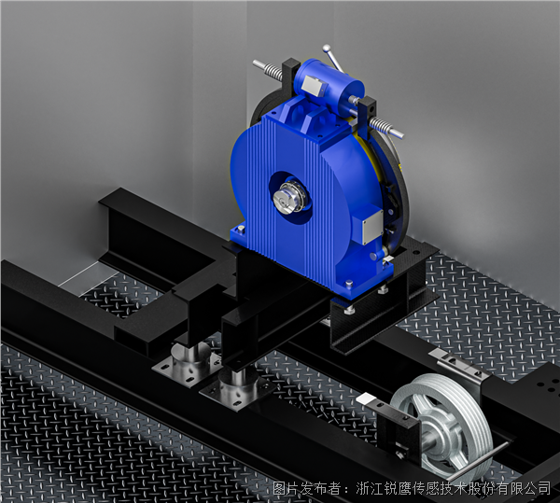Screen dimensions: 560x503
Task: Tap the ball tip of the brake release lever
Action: (x=326, y=48)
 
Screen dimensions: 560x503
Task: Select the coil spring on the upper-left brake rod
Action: (x=273, y=72)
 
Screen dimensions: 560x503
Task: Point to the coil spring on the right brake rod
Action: (x=381, y=126)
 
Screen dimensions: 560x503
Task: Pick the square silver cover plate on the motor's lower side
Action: (x=372, y=227)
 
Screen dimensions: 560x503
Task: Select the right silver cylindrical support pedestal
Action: (x=237, y=388)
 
